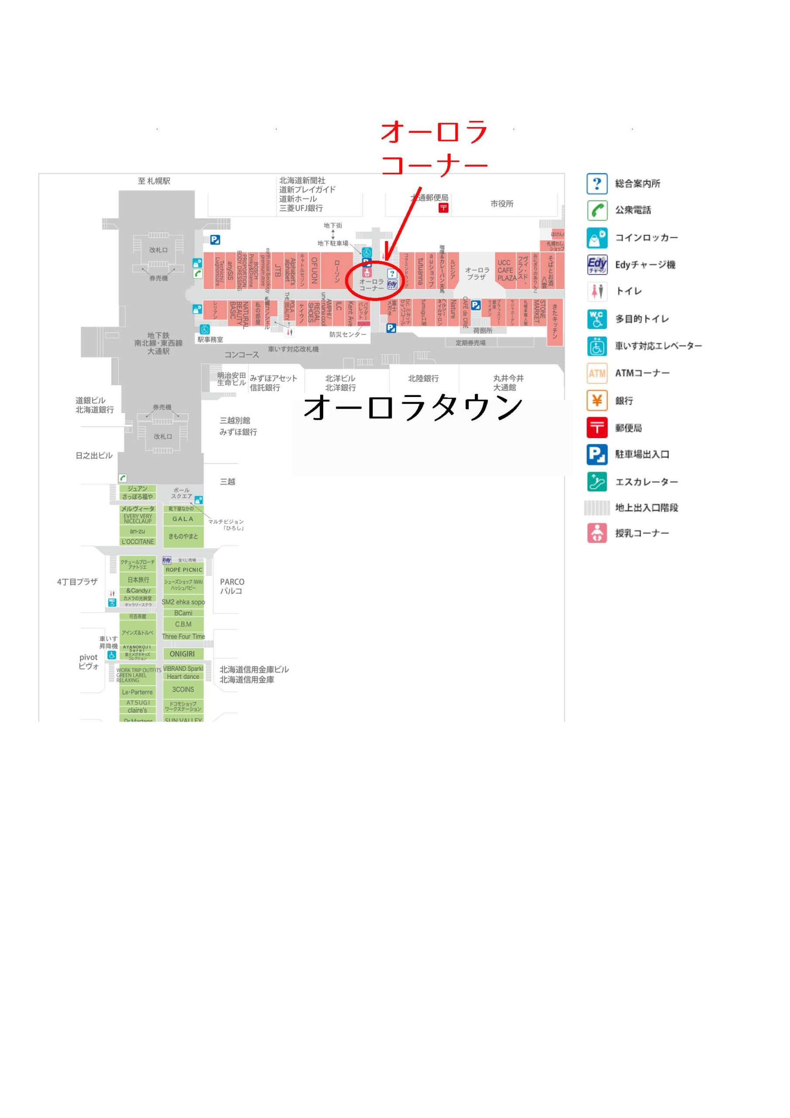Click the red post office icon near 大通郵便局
(x=443, y=208)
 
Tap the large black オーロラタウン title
(x=413, y=407)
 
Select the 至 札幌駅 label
(x=154, y=181)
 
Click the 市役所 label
(x=502, y=204)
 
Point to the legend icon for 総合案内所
(x=597, y=183)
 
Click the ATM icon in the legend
(x=597, y=373)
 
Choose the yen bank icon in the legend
(x=597, y=401)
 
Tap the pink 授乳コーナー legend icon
(x=597, y=533)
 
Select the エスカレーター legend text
(x=646, y=482)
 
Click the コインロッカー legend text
(x=646, y=238)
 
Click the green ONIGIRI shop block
(x=182, y=654)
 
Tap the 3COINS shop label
(x=183, y=690)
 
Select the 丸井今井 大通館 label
(x=508, y=382)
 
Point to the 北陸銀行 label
(x=423, y=378)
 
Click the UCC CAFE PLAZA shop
(x=506, y=270)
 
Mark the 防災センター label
(x=347, y=335)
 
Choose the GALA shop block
(x=183, y=519)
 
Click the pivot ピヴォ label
(x=89, y=661)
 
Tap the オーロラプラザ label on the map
(x=477, y=273)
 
